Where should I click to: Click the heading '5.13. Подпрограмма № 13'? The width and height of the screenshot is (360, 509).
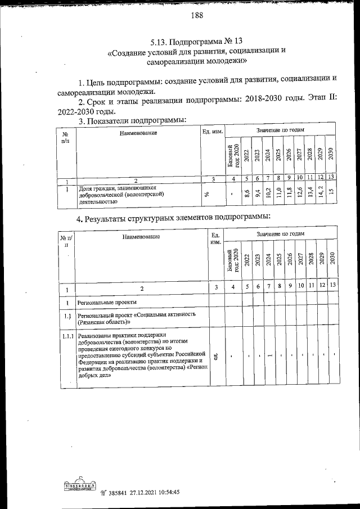(x=196, y=41)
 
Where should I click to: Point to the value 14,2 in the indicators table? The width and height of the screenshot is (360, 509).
(x=321, y=193)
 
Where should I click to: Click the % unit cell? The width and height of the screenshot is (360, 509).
(x=206, y=194)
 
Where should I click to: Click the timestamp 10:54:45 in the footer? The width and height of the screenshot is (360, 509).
(x=164, y=492)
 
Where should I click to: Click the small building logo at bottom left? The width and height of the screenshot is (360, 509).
(x=78, y=484)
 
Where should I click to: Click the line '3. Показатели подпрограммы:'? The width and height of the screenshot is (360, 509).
(x=132, y=120)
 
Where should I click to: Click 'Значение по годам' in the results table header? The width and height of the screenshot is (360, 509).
(x=280, y=233)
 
